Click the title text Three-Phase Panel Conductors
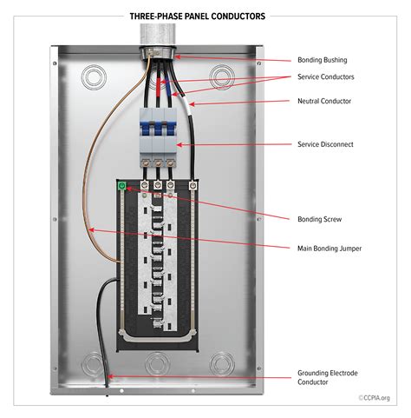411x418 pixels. point(198,16)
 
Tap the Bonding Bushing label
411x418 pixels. point(322,60)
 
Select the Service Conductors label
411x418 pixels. point(325,76)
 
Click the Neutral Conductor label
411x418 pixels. point(324,101)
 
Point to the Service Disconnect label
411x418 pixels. point(324,144)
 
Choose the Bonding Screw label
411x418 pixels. point(316,218)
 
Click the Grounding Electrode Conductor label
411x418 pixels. point(322,378)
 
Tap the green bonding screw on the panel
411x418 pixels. point(122,185)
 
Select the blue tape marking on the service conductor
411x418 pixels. point(169,84)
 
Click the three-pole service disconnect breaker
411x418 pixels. point(156,136)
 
